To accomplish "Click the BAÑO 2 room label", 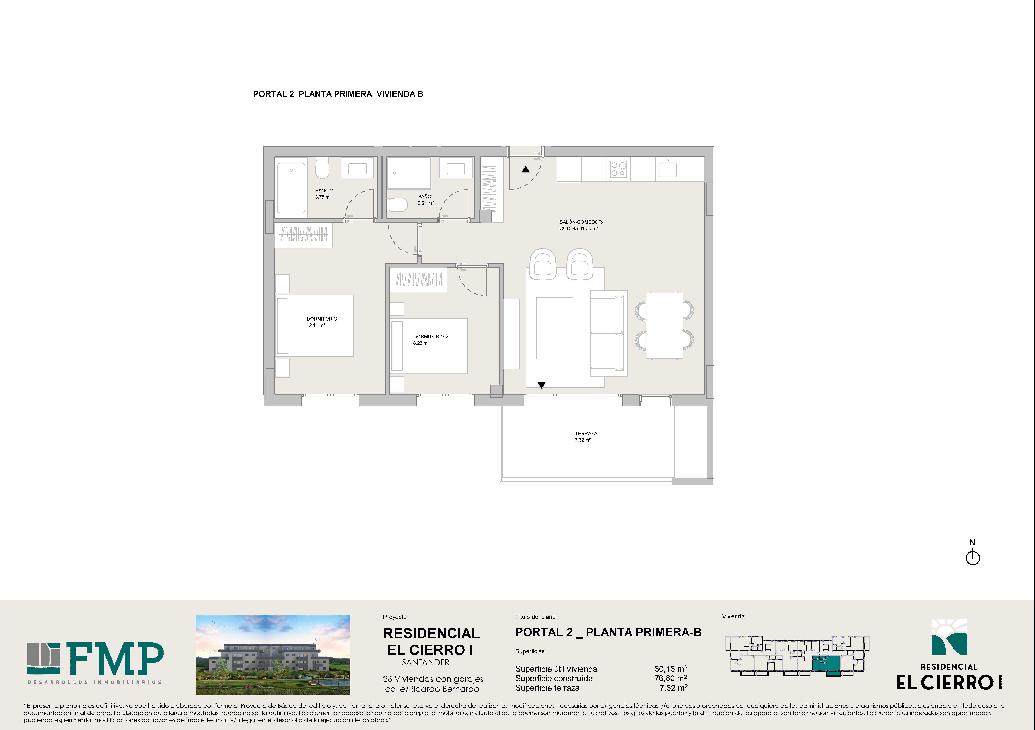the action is (324, 191).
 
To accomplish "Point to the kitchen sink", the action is (667, 169).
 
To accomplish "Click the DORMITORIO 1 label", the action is (324, 319).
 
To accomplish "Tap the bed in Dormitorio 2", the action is (429, 346).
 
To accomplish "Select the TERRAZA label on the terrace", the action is (586, 433).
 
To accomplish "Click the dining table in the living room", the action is (664, 325).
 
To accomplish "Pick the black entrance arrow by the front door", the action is (526, 169).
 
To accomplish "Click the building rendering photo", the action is (273, 655).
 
